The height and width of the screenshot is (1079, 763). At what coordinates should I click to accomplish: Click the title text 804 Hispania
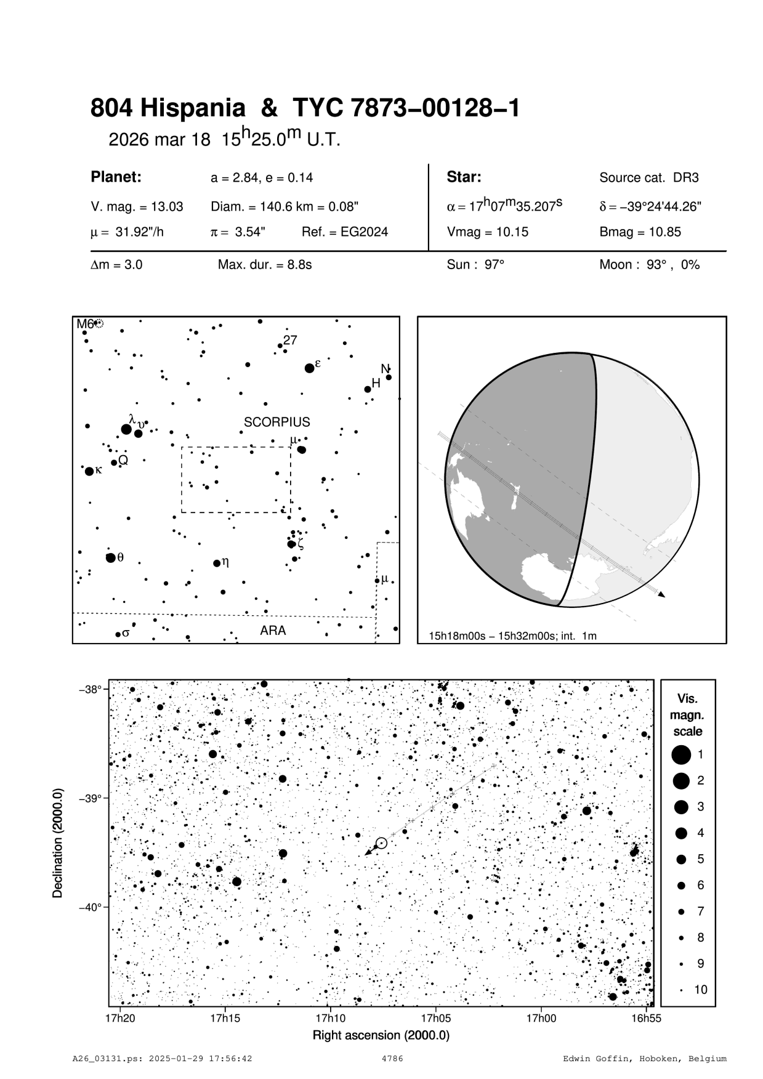pos(168,109)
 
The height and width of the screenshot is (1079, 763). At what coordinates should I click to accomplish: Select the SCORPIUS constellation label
pos(277,422)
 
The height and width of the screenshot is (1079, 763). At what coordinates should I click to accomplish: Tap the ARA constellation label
pos(273,631)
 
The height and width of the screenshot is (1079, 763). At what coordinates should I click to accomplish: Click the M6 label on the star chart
pos(84,323)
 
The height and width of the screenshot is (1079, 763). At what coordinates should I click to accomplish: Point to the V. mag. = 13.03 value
pos(137,207)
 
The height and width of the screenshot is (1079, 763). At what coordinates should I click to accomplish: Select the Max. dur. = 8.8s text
pos(265,265)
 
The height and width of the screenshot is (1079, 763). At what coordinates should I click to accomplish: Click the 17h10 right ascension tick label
pos(330,1018)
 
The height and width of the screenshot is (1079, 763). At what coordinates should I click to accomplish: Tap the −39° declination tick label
pos(90,798)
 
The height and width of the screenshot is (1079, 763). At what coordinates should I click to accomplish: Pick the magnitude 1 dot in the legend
pos(681,754)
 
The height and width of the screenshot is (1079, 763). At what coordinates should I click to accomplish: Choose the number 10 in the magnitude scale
pos(701,990)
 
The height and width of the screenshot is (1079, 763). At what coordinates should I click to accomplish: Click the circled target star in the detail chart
pos(381,843)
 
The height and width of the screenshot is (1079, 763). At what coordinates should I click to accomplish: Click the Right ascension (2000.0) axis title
pos(381,1035)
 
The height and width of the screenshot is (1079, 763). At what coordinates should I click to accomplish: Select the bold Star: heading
pos(464,177)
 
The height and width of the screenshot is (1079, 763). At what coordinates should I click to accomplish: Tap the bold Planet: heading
pos(116,177)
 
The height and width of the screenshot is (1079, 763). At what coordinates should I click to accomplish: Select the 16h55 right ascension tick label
pos(646,1018)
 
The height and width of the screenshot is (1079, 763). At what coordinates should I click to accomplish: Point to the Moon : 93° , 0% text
pos(649,265)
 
